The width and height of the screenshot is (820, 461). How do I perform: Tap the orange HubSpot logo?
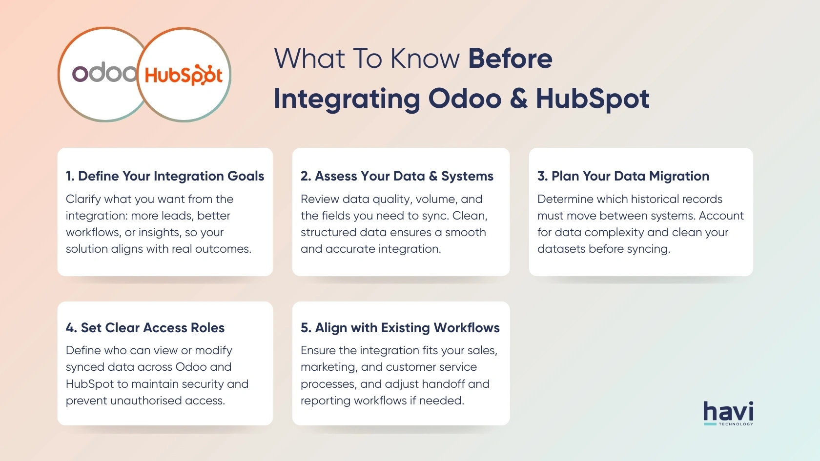click(x=184, y=75)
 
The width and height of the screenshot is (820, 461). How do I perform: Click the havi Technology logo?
click(x=728, y=413)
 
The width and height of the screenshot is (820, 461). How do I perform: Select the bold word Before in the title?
click(x=510, y=59)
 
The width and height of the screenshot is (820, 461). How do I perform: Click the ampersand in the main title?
click(x=518, y=99)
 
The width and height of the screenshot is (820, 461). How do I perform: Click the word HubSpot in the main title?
click(x=593, y=99)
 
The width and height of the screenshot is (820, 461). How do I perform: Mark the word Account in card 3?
click(x=721, y=216)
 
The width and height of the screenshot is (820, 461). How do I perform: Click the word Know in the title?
click(x=425, y=59)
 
